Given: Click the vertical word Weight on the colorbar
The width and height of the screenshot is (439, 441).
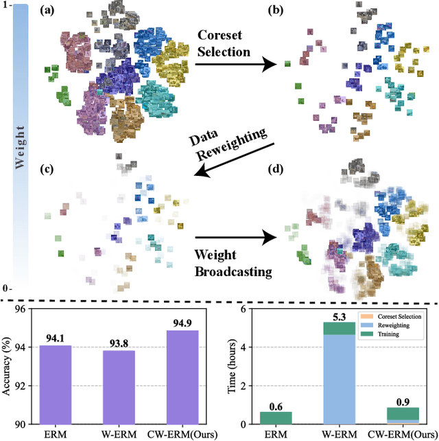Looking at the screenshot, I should [20, 146].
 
